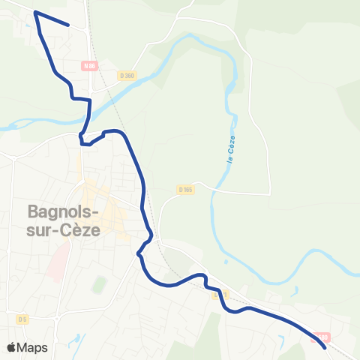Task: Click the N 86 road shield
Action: click(x=90, y=65)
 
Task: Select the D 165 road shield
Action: click(x=186, y=190)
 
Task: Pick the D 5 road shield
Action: click(x=22, y=319)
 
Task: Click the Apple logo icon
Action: click(x=12, y=347)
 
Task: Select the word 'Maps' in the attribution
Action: click(x=33, y=347)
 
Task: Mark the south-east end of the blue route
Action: click(x=325, y=347)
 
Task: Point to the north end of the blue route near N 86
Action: click(x=69, y=25)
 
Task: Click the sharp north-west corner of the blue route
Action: click(x=36, y=13)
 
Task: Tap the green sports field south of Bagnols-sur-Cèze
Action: click(x=97, y=286)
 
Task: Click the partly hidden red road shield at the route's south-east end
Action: click(x=322, y=337)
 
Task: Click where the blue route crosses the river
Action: click(x=89, y=118)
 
